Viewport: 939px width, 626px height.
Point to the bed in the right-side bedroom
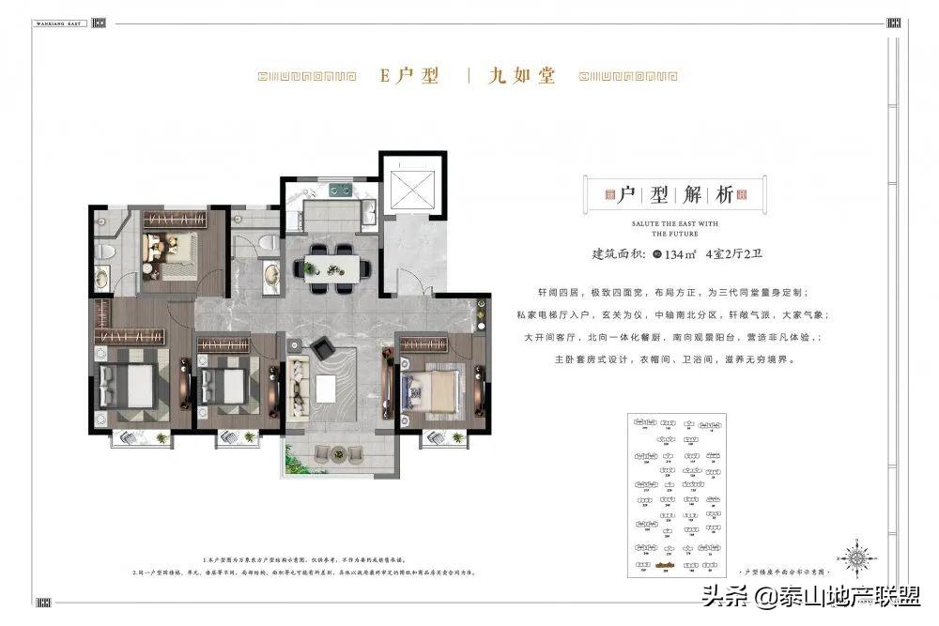(431, 386)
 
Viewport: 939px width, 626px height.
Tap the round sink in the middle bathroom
(271, 276)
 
